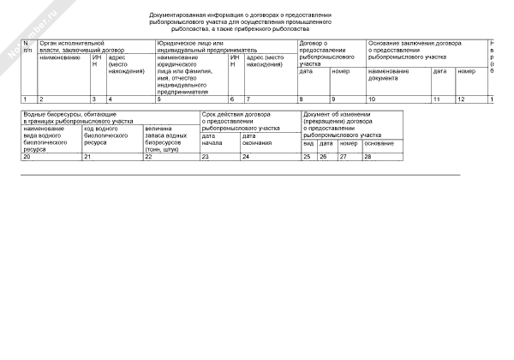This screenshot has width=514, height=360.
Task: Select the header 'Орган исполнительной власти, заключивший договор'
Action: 72,46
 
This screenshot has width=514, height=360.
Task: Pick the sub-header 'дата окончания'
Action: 257,139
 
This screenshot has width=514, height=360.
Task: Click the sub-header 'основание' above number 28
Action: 379,143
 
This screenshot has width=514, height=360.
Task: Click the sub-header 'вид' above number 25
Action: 308,143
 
